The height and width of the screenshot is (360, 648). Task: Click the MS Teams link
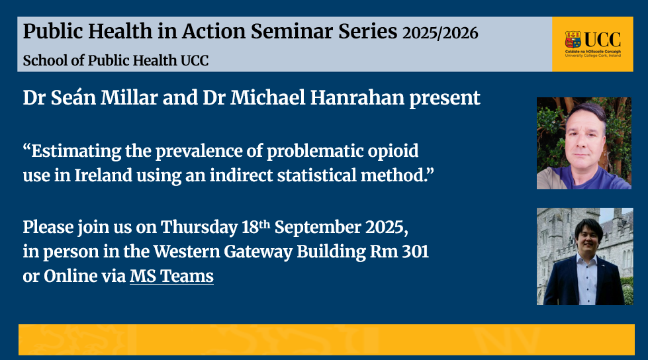click(171, 276)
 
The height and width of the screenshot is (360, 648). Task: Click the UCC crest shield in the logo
click(573, 40)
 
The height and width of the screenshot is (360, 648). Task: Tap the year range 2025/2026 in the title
click(440, 33)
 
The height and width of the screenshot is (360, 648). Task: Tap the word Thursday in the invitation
click(199, 228)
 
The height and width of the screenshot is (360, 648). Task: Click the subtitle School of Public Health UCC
click(116, 61)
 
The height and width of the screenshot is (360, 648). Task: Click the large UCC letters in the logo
click(602, 40)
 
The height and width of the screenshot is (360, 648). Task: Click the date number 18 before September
click(250, 228)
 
